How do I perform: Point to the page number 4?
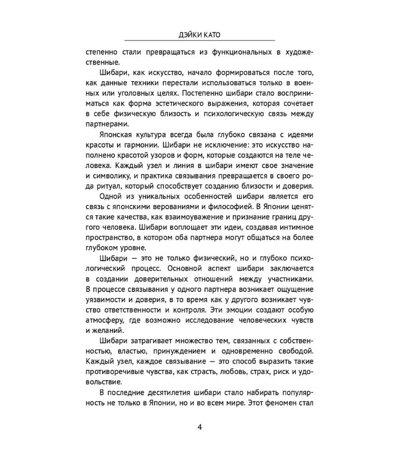click(x=199, y=428)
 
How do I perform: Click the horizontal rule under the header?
click(x=199, y=41)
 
